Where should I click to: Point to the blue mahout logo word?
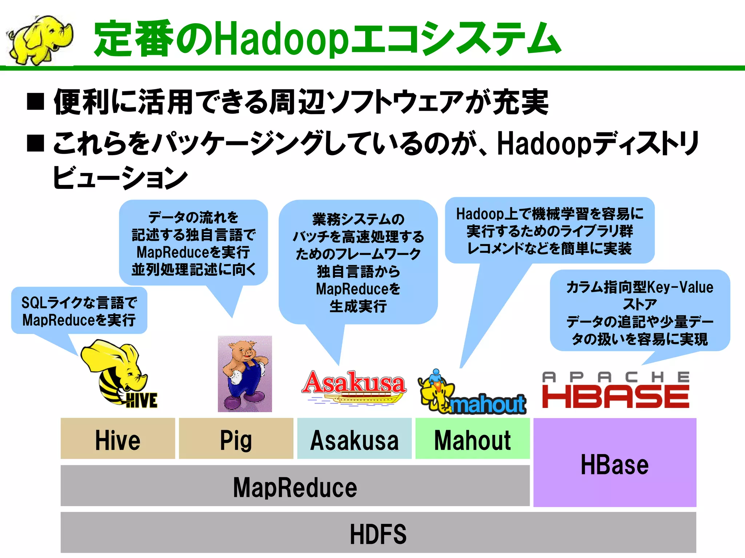tap(487, 404)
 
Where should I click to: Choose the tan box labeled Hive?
tap(117, 439)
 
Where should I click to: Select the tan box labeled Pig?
tap(236, 439)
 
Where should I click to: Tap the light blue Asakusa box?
tap(354, 439)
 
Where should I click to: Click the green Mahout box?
tap(472, 439)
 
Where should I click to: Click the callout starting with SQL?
tap(79, 311)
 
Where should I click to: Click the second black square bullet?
tap(36, 143)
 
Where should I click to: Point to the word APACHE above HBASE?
tap(615, 377)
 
